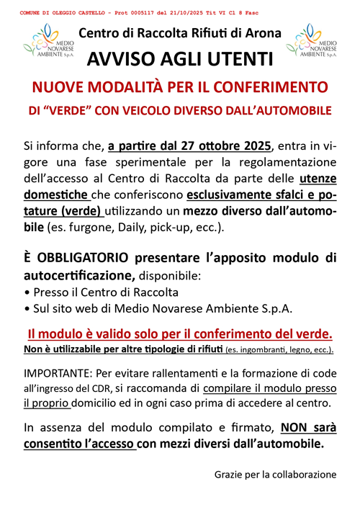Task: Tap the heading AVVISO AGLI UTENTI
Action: click(x=180, y=58)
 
